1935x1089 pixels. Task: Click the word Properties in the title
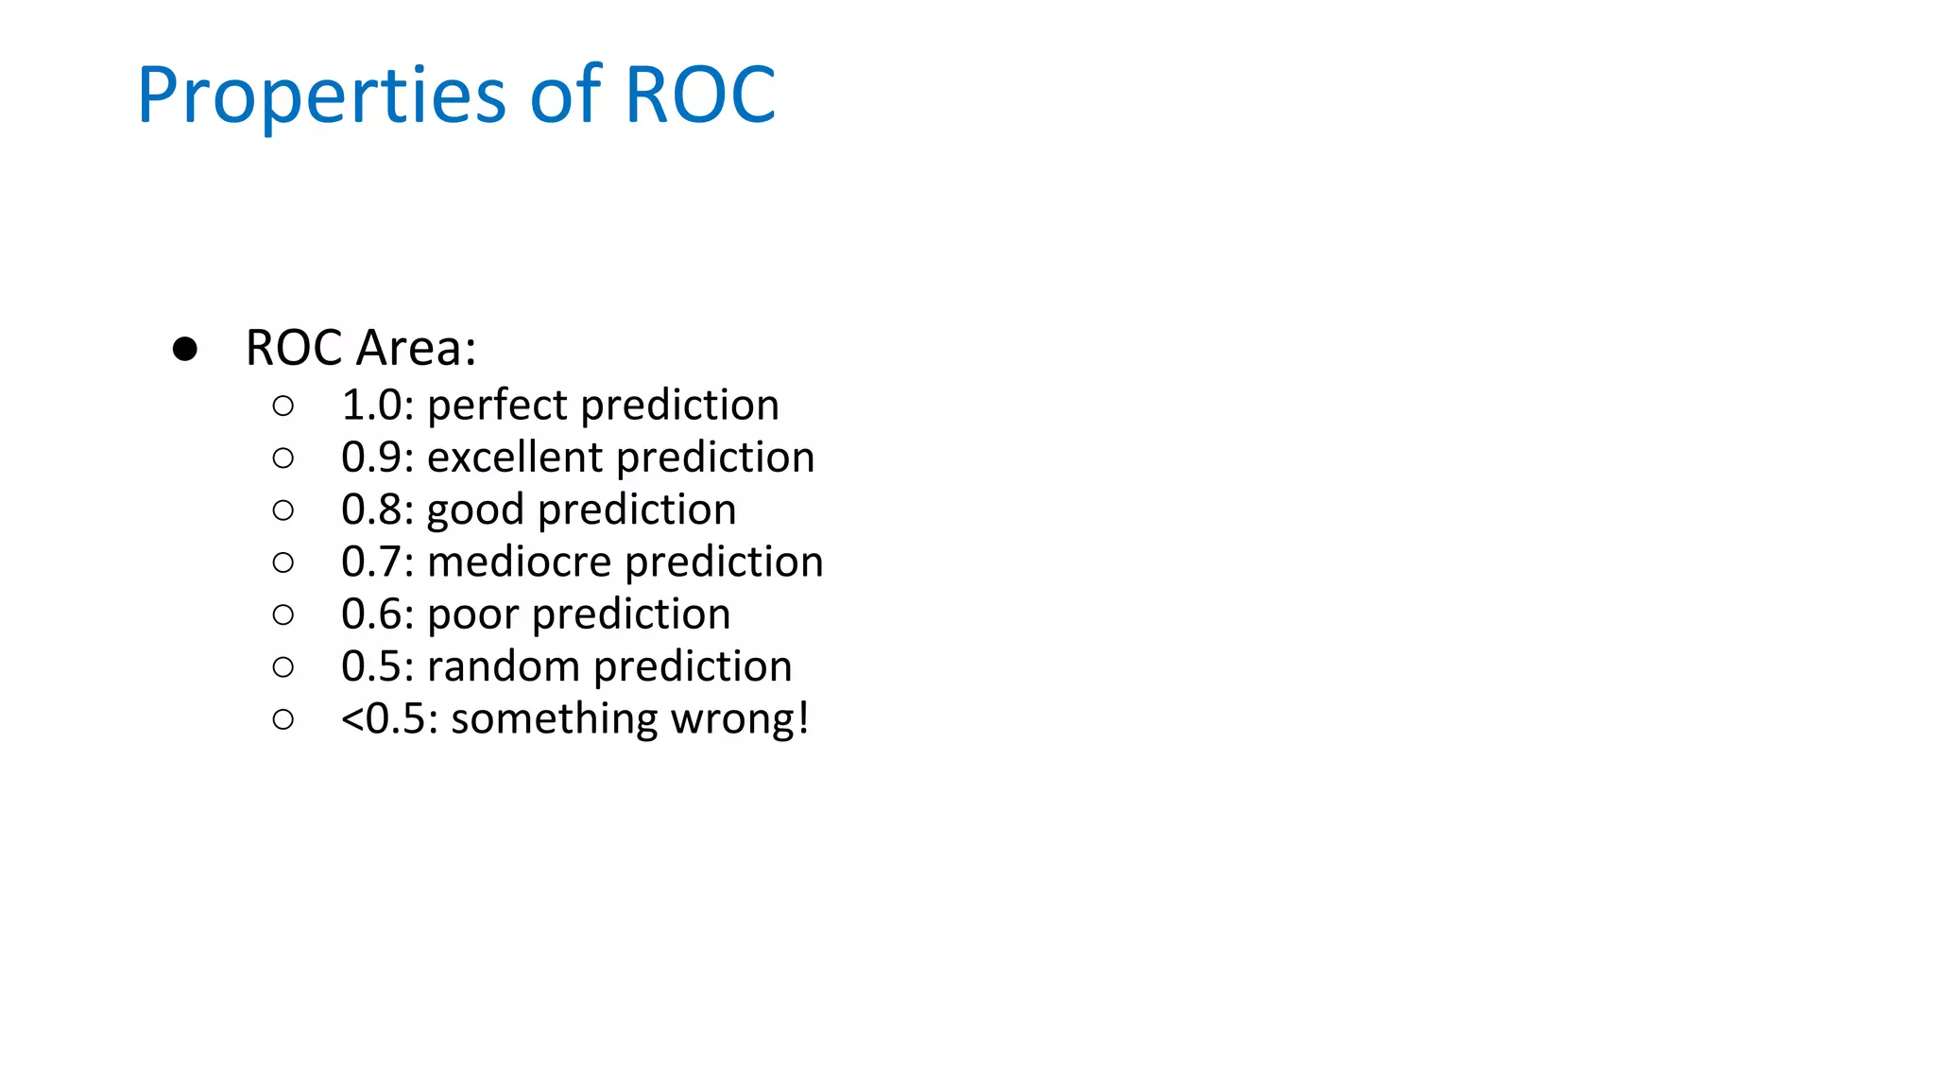(321, 96)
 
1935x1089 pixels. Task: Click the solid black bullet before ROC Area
(185, 350)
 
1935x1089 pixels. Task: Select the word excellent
(515, 458)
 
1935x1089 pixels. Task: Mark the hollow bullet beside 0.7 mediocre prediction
(283, 563)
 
